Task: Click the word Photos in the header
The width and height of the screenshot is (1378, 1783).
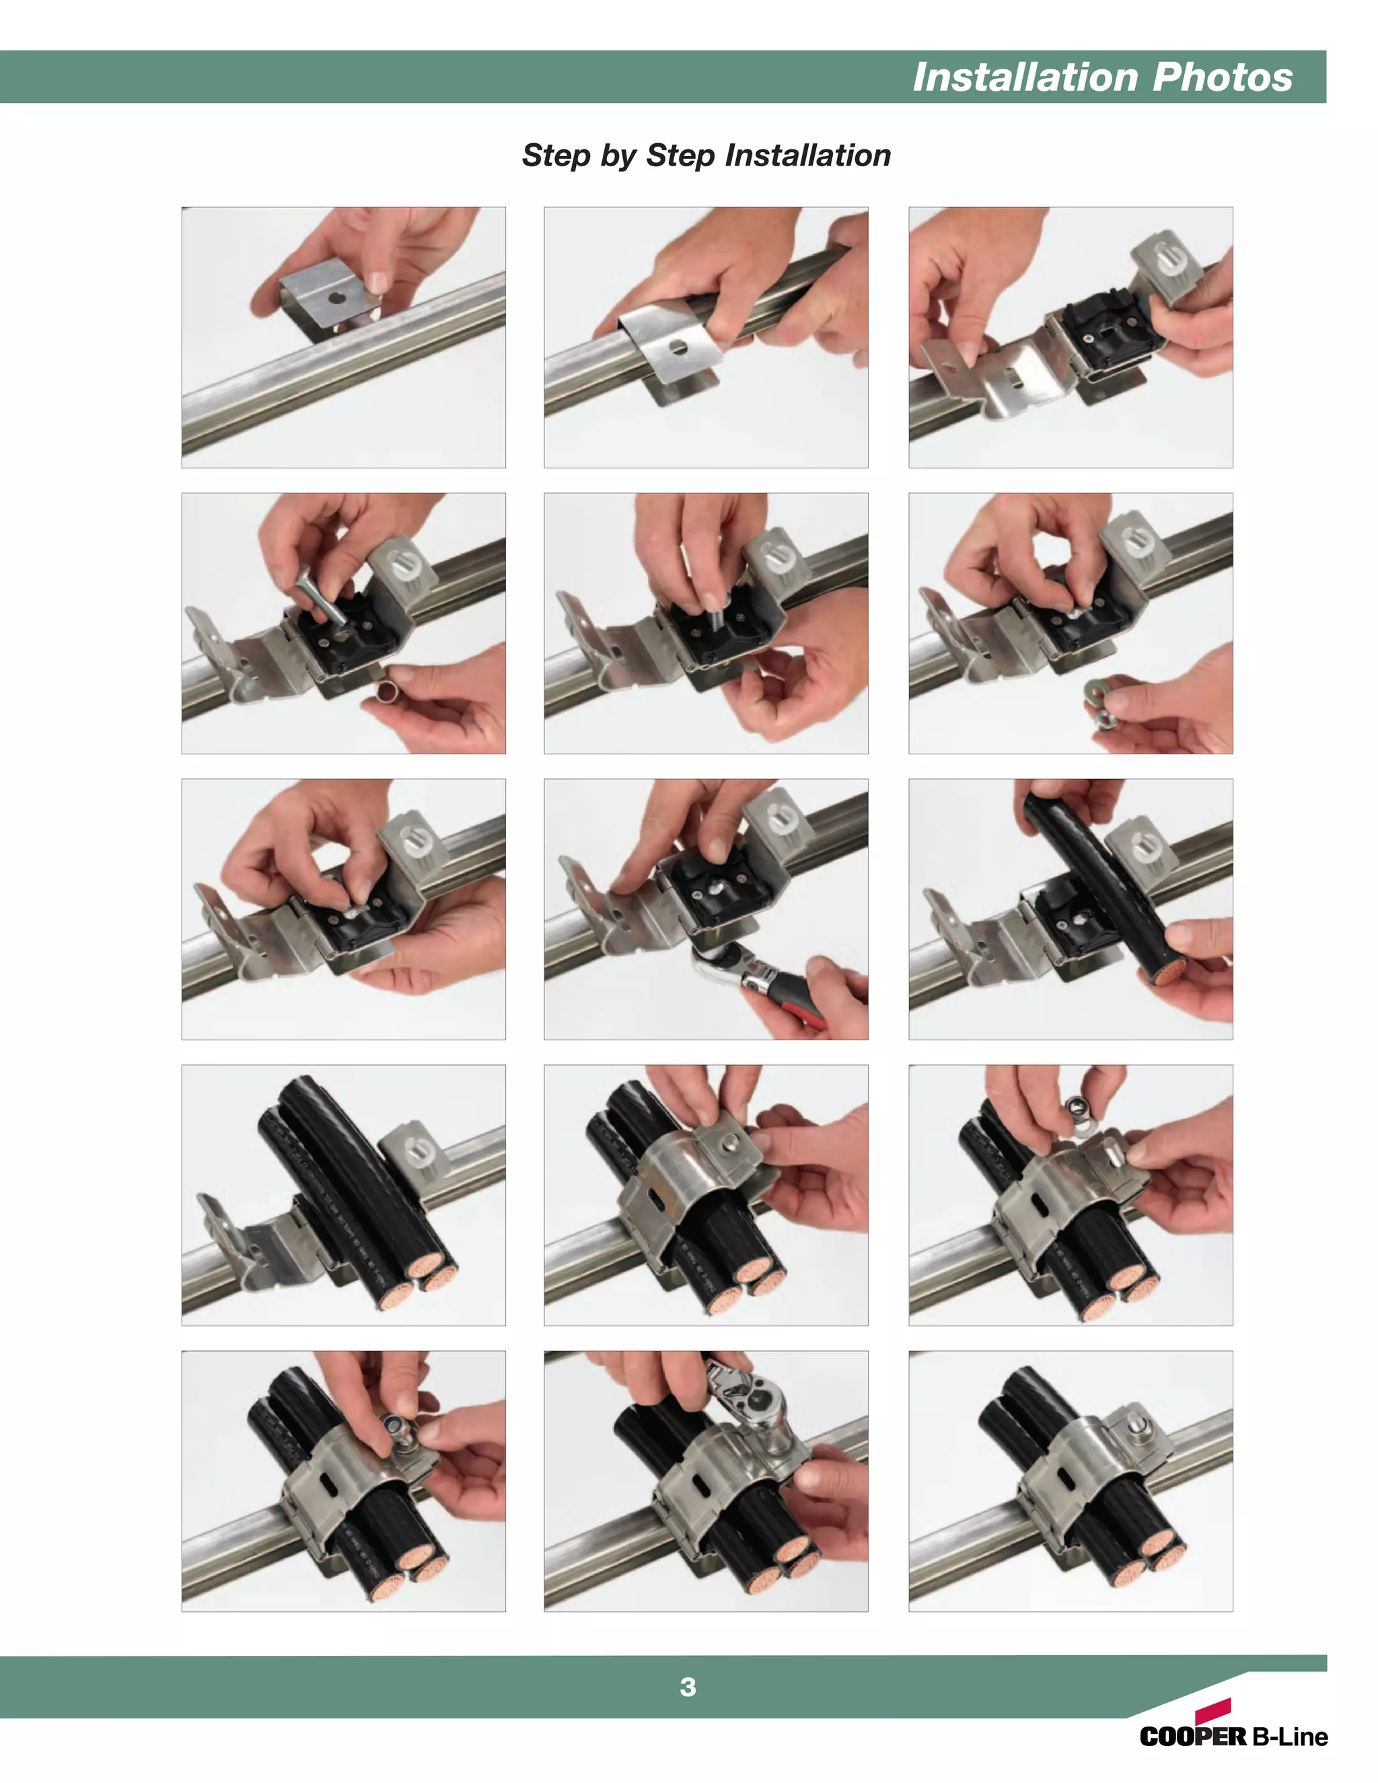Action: pyautogui.click(x=1222, y=77)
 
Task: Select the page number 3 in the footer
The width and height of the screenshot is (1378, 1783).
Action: pyautogui.click(x=688, y=1687)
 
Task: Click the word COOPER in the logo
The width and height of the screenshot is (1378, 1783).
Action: pyautogui.click(x=1193, y=1737)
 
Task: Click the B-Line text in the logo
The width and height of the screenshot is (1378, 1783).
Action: pyautogui.click(x=1289, y=1737)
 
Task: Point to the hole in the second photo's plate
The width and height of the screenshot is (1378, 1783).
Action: pyautogui.click(x=678, y=348)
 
